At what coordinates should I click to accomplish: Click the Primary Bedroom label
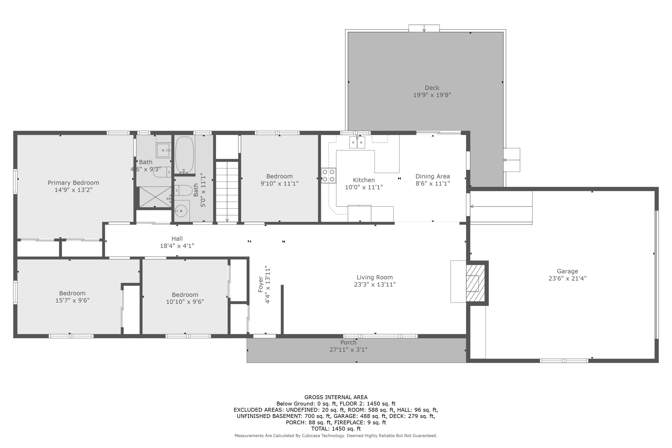pyautogui.click(x=73, y=183)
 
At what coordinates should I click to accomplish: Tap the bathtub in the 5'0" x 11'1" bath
pyautogui.click(x=185, y=155)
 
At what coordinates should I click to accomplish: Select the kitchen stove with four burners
pyautogui.click(x=329, y=176)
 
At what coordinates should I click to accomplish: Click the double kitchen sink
pyautogui.click(x=357, y=142)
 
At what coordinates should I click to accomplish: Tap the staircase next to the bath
pyautogui.click(x=227, y=192)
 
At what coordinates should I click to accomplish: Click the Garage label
pyautogui.click(x=567, y=271)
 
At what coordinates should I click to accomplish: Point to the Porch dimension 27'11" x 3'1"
pyautogui.click(x=348, y=350)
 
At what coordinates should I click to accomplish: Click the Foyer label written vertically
pyautogui.click(x=260, y=284)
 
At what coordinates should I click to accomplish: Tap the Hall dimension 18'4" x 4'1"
pyautogui.click(x=177, y=246)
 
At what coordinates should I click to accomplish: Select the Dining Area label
pyautogui.click(x=433, y=176)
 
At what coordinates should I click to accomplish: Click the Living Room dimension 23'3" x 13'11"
pyautogui.click(x=375, y=284)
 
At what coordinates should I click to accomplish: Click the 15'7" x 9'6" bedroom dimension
pyautogui.click(x=73, y=300)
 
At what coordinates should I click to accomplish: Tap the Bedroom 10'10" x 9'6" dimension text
pyautogui.click(x=185, y=302)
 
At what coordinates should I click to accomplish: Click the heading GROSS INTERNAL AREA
pyautogui.click(x=336, y=397)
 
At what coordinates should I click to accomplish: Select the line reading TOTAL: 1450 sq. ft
pyautogui.click(x=336, y=429)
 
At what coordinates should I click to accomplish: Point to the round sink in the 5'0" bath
pyautogui.click(x=181, y=211)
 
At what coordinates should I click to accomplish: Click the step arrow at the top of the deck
pyautogui.click(x=424, y=29)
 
